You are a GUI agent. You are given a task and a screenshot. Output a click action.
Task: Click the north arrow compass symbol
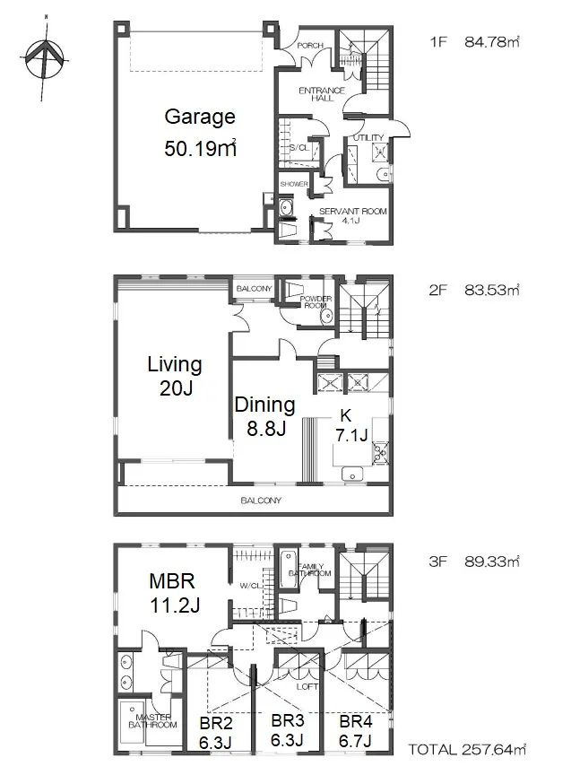45,57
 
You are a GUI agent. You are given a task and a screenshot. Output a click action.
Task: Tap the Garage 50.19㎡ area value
200,148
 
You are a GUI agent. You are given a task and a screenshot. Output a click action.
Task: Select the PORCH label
310,46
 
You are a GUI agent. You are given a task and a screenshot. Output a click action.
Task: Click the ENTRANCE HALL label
322,94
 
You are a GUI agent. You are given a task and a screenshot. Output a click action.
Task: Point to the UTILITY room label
368,137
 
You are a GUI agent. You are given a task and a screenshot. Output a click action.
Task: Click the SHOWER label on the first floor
294,184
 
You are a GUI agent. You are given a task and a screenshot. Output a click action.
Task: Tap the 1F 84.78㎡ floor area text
474,41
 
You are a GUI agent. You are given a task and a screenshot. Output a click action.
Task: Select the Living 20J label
175,376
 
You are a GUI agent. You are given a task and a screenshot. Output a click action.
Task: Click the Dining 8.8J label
265,416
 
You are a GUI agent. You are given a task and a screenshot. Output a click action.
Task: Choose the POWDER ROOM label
316,302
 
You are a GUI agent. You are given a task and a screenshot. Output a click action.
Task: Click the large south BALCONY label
261,501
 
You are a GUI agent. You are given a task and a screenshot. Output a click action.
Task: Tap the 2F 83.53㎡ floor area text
474,290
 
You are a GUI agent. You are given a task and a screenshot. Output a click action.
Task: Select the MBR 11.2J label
175,593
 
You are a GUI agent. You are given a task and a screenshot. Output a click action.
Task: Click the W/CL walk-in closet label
250,586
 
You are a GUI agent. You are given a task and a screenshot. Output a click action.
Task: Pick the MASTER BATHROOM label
152,720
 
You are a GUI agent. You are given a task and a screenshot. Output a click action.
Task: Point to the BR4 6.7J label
356,731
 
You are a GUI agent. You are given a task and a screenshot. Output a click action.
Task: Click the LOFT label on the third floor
307,686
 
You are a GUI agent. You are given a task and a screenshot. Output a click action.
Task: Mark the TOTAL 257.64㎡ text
467,749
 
